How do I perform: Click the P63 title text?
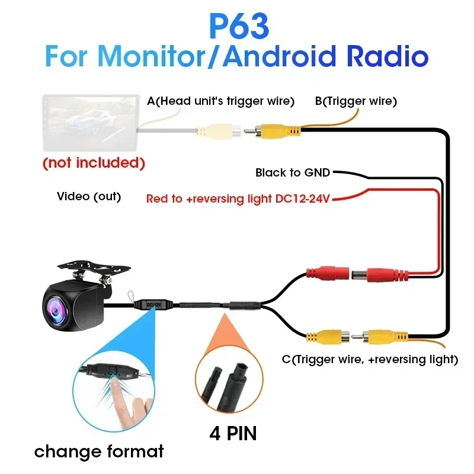click(239, 26)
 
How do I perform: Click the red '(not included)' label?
click(94, 162)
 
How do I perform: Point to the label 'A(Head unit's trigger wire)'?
click(220, 101)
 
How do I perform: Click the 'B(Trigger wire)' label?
click(355, 101)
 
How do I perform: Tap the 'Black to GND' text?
click(293, 173)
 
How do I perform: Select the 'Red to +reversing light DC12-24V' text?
click(238, 198)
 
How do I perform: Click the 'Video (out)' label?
click(89, 196)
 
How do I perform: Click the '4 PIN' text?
click(233, 433)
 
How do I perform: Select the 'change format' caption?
click(99, 452)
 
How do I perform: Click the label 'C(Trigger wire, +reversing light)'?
click(370, 359)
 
